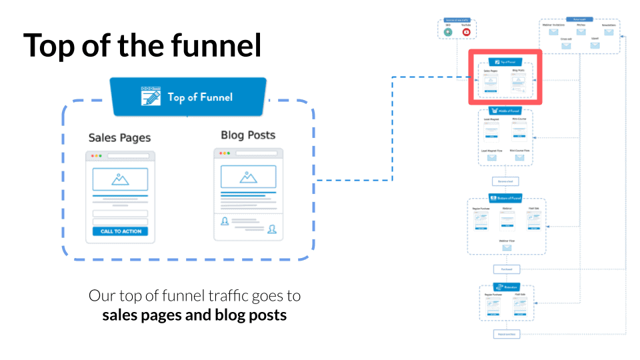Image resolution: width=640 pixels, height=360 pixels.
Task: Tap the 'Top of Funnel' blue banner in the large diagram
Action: point(187,97)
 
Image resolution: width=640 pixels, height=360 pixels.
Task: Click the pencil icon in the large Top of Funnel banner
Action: point(151,96)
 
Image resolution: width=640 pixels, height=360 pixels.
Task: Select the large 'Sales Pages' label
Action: point(119,138)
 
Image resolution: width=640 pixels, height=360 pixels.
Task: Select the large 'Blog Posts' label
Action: point(248,135)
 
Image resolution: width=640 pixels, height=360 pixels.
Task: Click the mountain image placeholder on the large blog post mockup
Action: point(248,177)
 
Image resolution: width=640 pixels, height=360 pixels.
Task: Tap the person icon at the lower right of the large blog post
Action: point(272,229)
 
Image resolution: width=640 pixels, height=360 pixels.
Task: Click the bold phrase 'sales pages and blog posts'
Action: point(194,315)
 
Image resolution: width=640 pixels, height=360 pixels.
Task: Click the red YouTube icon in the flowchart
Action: point(466,31)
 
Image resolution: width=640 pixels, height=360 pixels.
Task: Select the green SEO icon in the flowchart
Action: point(448,31)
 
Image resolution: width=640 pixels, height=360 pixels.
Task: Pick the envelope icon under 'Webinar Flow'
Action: point(507,248)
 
